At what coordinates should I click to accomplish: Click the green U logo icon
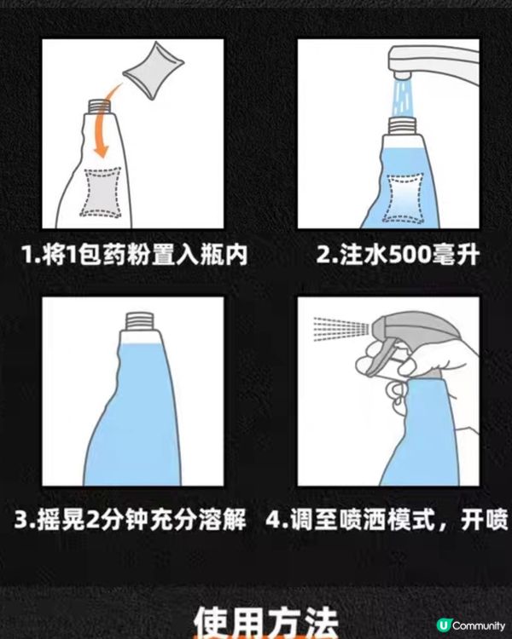(x=443, y=625)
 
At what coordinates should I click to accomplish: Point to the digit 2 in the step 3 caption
(x=96, y=521)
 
